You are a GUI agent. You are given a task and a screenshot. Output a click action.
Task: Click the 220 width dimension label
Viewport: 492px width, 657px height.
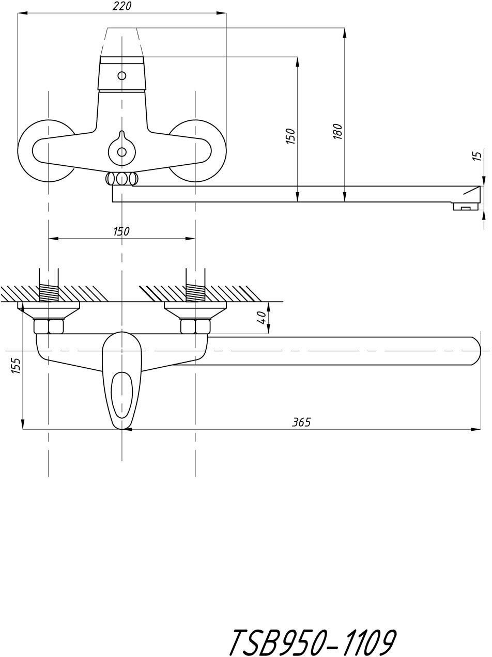click(122, 6)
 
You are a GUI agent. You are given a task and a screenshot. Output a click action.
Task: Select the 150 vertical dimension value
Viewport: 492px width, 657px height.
click(290, 135)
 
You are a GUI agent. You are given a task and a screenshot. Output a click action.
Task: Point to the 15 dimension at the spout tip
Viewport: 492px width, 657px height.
click(479, 155)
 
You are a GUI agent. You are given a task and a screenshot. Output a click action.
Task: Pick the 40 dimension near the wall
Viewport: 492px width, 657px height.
click(263, 317)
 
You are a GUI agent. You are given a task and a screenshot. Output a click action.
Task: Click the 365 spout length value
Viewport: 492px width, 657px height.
click(301, 422)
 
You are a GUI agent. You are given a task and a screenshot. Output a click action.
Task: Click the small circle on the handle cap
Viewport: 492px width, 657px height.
click(121, 76)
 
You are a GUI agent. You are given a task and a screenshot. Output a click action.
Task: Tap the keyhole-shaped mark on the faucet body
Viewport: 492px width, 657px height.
click(121, 147)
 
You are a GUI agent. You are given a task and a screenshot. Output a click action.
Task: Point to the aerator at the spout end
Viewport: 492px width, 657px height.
click(465, 207)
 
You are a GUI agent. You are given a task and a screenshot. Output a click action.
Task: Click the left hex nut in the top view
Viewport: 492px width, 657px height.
click(49, 326)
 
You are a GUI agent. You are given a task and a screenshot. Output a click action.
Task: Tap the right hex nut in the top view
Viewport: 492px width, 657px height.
click(195, 326)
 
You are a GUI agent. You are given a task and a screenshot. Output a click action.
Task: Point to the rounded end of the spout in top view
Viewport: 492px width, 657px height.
click(474, 351)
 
